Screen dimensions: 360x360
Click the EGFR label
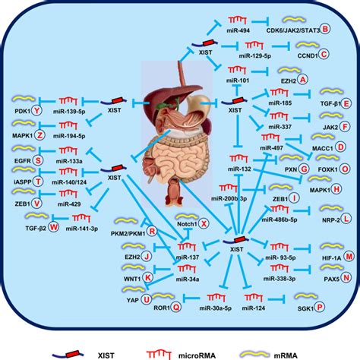click(21, 161)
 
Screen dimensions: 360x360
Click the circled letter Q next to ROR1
click(175, 307)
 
